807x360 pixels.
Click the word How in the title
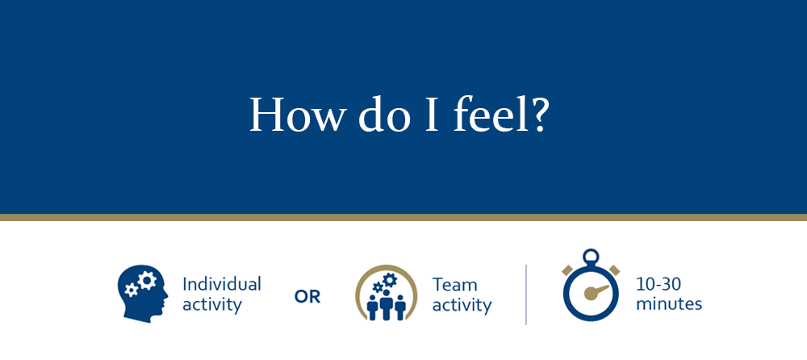pos(295,114)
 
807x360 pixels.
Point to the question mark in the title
pos(537,115)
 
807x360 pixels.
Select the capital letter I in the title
pos(432,115)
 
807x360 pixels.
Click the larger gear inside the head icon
pos(147,280)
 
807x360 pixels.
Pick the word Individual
pos(222,284)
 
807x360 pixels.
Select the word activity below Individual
pos(212,305)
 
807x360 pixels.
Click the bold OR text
pos(307,297)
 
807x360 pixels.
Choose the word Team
pos(454,284)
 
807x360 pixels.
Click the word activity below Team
pos(462,305)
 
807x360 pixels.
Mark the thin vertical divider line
pos(526,295)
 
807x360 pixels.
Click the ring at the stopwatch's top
pos(591,257)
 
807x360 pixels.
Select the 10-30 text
pos(659,284)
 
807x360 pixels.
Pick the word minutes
pos(669,303)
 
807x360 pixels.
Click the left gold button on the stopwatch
pos(567,270)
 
